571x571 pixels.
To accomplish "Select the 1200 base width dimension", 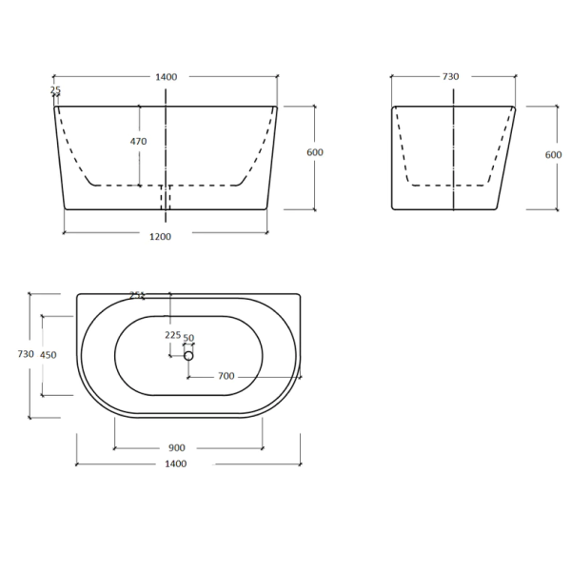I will click(x=161, y=236).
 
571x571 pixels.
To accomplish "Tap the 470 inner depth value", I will click(x=138, y=142).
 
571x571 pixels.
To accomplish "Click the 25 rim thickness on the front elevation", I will click(x=54, y=90).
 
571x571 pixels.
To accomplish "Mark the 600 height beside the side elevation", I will click(x=553, y=155).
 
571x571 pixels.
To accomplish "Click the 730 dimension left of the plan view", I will click(x=27, y=353).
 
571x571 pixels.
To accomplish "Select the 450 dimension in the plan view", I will click(x=48, y=355).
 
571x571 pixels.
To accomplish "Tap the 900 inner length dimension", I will click(x=176, y=447).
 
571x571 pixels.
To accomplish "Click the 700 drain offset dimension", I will click(x=226, y=376).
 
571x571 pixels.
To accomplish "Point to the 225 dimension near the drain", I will click(x=172, y=335).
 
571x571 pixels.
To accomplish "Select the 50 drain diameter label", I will click(x=188, y=338).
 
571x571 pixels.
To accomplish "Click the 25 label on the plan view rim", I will click(x=135, y=295).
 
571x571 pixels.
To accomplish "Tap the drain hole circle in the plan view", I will click(x=188, y=355).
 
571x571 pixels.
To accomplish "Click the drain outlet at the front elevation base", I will click(x=167, y=197).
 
